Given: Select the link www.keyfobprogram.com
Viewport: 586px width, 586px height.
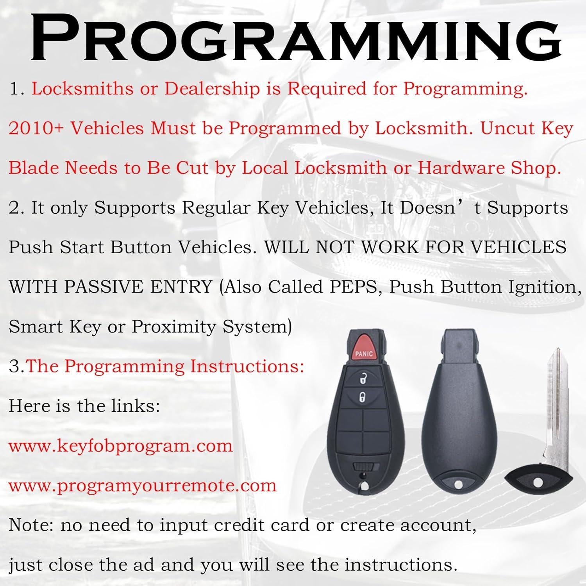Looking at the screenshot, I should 121,446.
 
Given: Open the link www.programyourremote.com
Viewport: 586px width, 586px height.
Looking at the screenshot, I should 143,486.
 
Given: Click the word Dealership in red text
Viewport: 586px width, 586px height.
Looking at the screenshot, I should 212,89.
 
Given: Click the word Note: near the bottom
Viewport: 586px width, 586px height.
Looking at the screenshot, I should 31,525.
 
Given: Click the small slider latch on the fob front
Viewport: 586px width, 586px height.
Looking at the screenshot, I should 363,467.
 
